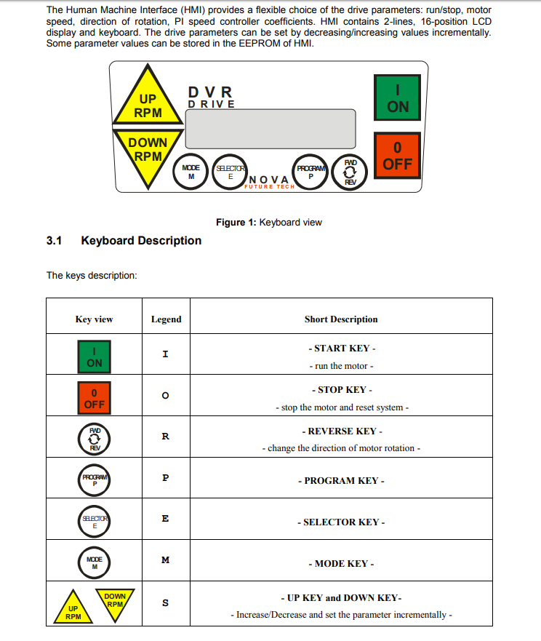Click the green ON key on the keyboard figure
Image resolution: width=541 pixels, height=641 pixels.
[397, 97]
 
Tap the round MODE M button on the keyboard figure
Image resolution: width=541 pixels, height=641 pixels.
[191, 172]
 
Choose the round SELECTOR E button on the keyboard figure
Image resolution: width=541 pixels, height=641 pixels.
[231, 172]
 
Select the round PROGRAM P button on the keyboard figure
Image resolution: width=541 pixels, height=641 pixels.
[310, 172]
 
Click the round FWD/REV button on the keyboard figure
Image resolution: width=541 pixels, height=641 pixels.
[350, 172]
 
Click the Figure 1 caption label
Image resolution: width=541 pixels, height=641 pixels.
[268, 222]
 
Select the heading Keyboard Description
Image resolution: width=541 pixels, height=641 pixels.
[141, 240]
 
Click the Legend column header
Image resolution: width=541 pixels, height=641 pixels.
[166, 319]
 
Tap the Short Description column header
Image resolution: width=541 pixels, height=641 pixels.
[341, 319]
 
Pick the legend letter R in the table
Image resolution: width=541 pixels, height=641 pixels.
[166, 437]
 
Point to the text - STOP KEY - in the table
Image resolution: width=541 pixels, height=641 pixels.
[342, 390]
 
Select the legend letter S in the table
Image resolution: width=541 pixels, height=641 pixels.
[166, 602]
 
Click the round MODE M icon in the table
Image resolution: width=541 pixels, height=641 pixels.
[95, 562]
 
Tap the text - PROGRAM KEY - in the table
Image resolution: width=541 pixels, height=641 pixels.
[341, 480]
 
